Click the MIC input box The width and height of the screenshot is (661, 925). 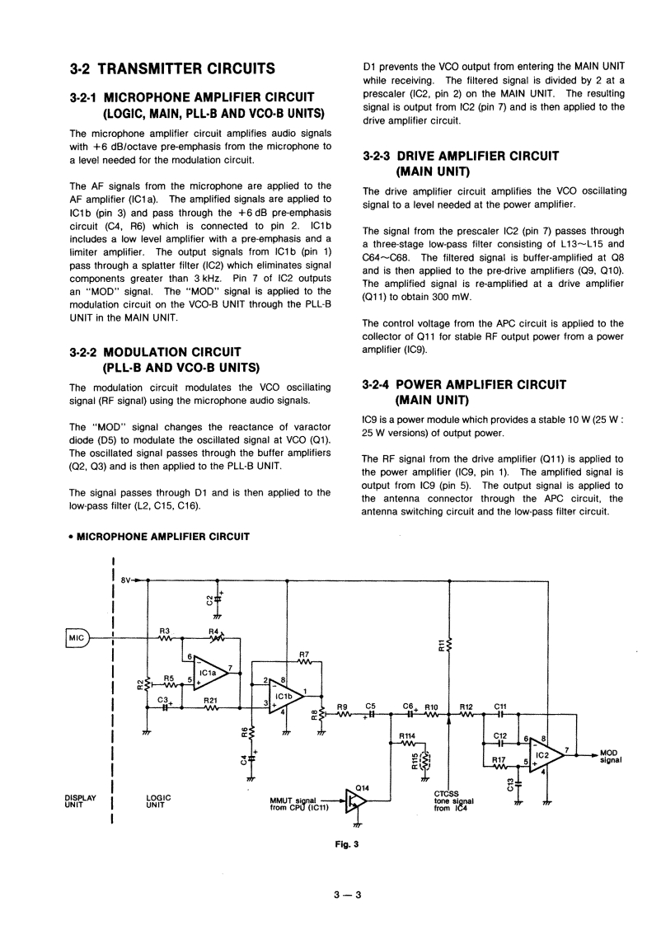(x=76, y=636)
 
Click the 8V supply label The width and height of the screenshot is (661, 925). (x=126, y=580)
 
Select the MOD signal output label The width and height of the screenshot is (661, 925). (x=610, y=756)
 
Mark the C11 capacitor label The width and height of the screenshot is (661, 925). (x=499, y=707)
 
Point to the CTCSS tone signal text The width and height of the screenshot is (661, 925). (x=453, y=801)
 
